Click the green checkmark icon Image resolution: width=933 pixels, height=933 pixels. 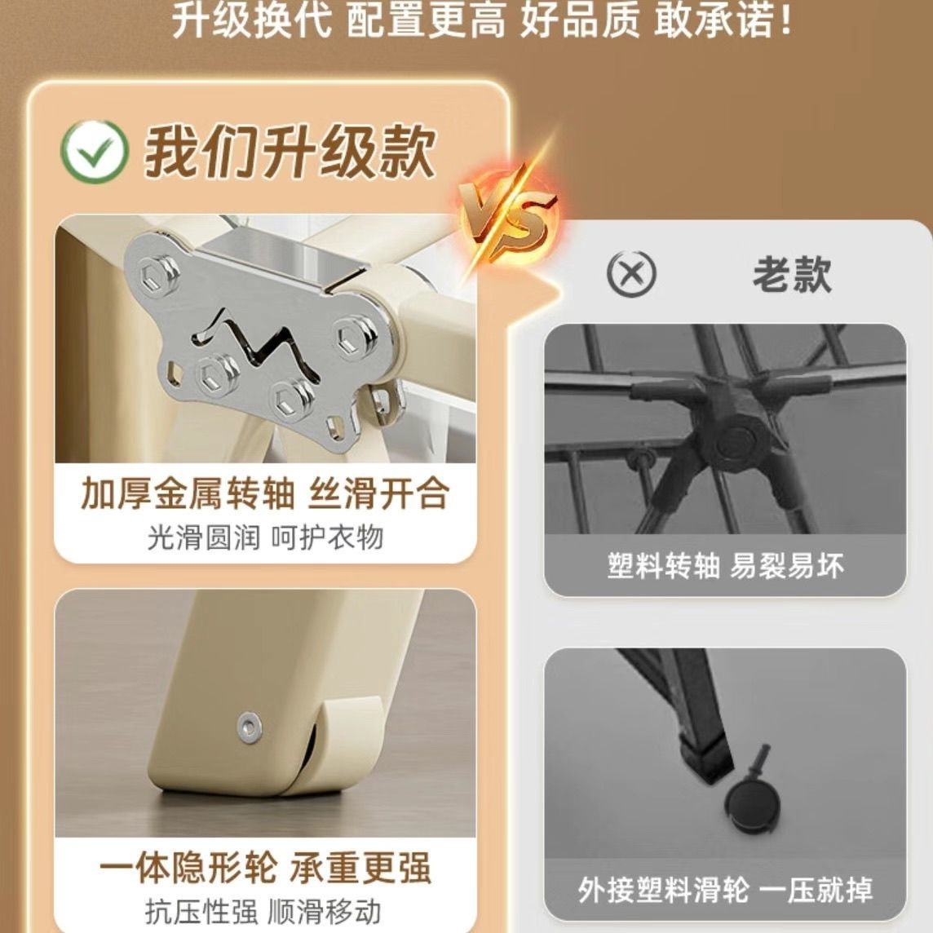[x=94, y=152]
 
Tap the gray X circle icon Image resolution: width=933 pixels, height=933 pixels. [x=631, y=274]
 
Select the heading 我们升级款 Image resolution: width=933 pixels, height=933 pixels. [x=290, y=152]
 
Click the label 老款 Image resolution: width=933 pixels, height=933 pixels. [x=792, y=274]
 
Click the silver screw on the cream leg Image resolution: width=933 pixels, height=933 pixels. [x=249, y=726]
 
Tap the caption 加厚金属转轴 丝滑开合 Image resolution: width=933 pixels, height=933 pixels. [x=265, y=494]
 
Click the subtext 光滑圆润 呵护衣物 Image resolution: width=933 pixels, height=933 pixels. [x=265, y=538]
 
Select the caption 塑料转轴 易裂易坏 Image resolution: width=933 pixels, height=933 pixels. [x=725, y=566]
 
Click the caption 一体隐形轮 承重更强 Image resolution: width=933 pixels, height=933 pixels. [x=265, y=868]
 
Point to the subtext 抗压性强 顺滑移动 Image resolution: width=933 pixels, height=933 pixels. [x=263, y=912]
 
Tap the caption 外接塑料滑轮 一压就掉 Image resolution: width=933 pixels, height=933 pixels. [x=725, y=890]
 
